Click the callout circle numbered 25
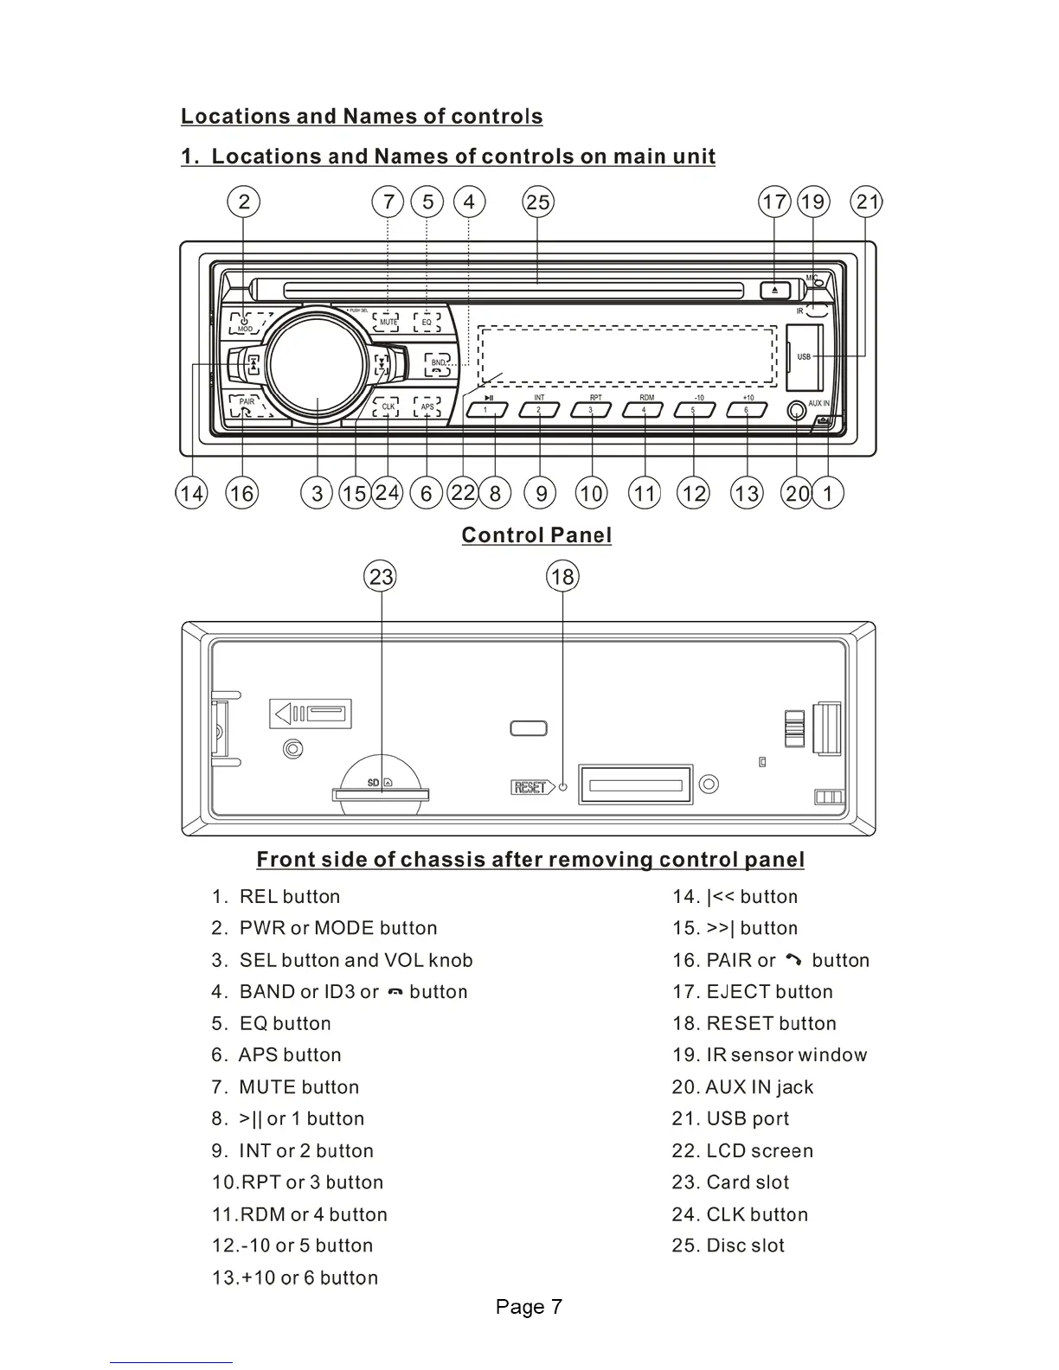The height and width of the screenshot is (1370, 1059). [537, 202]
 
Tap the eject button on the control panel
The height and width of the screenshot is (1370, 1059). [774, 291]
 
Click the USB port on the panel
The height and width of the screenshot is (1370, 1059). [804, 356]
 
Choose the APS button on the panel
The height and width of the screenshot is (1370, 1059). [427, 407]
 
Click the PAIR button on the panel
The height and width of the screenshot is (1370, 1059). [247, 404]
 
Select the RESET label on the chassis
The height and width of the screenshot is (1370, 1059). [530, 787]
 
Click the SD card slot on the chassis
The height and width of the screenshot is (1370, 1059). [381, 793]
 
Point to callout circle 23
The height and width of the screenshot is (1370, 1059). [381, 577]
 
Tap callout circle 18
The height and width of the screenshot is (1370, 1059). [562, 577]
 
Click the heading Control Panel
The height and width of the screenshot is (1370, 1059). [536, 535]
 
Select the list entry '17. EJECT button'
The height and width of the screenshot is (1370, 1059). [753, 992]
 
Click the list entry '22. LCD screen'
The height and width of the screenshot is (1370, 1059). [742, 1151]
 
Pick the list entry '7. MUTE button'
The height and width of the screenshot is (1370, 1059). [286, 1087]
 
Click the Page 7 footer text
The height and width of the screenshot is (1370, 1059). [529, 1307]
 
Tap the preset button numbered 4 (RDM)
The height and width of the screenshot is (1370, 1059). [644, 410]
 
